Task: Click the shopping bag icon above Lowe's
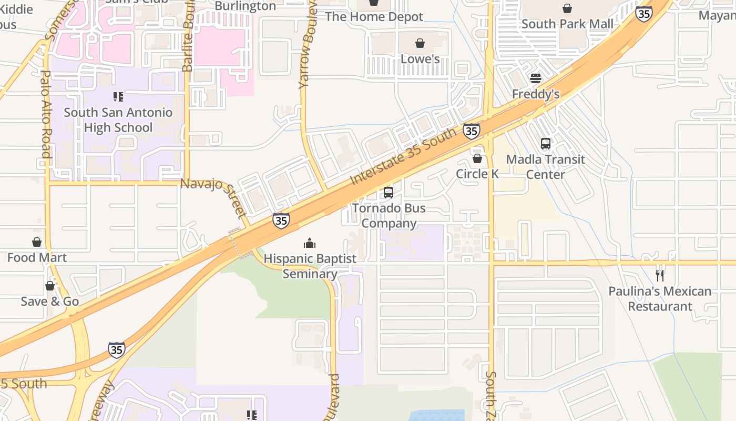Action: click(420, 43)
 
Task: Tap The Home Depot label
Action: click(374, 16)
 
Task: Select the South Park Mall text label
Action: click(567, 24)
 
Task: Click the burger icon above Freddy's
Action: click(536, 78)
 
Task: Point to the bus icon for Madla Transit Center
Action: click(546, 143)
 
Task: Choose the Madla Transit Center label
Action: click(546, 167)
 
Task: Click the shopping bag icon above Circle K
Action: click(477, 158)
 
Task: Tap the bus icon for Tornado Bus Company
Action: click(389, 193)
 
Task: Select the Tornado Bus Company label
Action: click(389, 216)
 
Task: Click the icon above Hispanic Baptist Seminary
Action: click(310, 243)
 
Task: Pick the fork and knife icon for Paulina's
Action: click(660, 275)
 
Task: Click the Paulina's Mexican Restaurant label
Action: click(660, 298)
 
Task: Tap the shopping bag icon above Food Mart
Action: click(37, 242)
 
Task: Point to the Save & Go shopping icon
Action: click(50, 286)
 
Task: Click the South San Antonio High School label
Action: click(118, 120)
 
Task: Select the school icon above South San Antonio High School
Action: click(118, 97)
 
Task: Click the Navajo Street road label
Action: click(213, 197)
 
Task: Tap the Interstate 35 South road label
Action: click(403, 156)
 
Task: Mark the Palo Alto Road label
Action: click(46, 113)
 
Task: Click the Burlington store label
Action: click(246, 6)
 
